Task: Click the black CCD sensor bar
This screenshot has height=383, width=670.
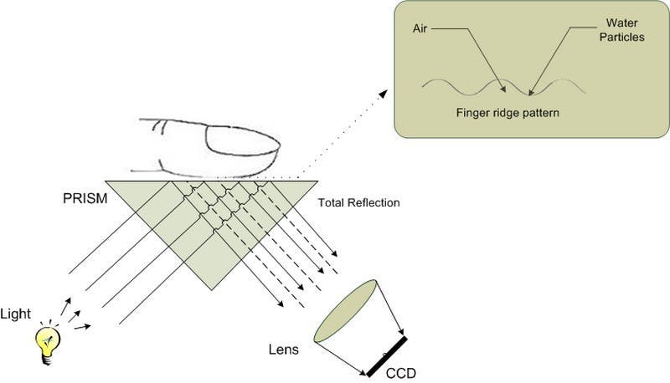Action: click(x=386, y=355)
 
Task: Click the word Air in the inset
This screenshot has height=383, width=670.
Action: click(x=420, y=28)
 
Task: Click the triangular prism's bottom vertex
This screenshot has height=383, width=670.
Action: click(x=212, y=290)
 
